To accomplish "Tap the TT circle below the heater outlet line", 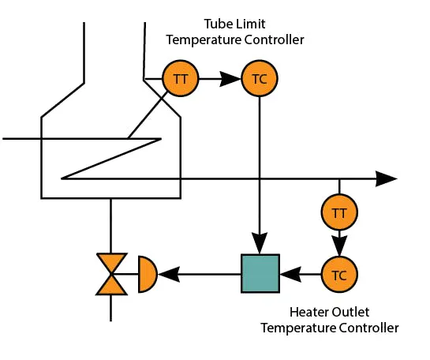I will [x=339, y=212].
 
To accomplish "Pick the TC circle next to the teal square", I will [x=339, y=275].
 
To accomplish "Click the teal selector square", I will [x=260, y=275].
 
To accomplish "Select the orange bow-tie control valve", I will [x=110, y=275].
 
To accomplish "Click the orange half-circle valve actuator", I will [x=147, y=275].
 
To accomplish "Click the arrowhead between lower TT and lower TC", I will [x=339, y=244].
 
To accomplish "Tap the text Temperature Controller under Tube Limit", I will [x=235, y=39].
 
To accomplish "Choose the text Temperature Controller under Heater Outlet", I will [x=330, y=328].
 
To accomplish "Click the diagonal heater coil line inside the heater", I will [x=110, y=159].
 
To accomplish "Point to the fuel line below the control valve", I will [x=110, y=308].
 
